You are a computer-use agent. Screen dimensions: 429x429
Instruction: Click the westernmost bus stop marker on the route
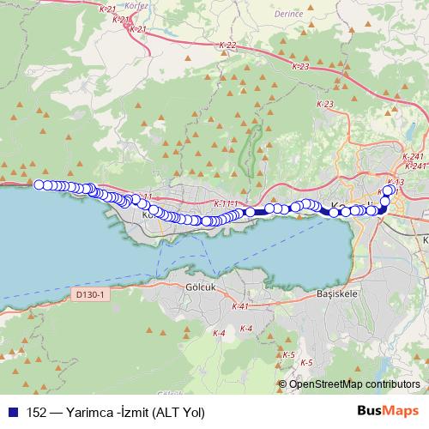coord(39,184)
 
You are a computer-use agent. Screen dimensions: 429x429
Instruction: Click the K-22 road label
coord(227,45)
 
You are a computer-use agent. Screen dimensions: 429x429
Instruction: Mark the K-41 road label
coord(239,306)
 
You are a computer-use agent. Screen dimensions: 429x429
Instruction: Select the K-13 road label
coord(396,182)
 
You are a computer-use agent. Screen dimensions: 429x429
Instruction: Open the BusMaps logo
coord(388,411)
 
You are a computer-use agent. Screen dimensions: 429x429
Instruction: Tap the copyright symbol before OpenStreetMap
coord(283,384)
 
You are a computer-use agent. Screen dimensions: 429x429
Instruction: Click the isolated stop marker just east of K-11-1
coord(250,212)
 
